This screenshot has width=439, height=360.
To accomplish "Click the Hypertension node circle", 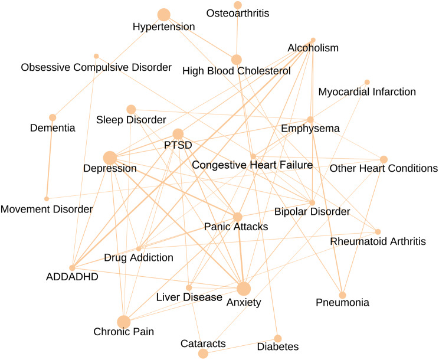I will click(x=163, y=15).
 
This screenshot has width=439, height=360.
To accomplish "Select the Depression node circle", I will click(x=109, y=158).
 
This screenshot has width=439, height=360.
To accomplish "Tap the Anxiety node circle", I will click(x=244, y=289).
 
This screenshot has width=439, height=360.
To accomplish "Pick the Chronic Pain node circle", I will click(x=123, y=322).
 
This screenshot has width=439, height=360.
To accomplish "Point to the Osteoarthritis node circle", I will click(x=238, y=5).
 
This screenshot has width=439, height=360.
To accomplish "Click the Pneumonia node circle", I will click(x=342, y=294).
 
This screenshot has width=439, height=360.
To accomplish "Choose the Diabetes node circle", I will click(x=278, y=338).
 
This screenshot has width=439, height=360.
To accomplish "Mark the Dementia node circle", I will click(x=53, y=117).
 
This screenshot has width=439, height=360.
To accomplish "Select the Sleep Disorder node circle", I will click(x=131, y=109).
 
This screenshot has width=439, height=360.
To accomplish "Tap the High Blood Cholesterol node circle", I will click(x=237, y=60).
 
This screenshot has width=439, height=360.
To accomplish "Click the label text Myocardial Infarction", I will click(x=367, y=92).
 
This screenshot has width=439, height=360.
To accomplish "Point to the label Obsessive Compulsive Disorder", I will click(x=96, y=67).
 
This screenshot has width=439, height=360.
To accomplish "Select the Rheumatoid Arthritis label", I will click(x=378, y=241).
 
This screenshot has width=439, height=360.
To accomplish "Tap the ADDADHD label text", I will click(x=72, y=276).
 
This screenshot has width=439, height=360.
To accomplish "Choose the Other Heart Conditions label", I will click(x=384, y=169).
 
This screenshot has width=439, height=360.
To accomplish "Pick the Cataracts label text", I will click(x=203, y=343).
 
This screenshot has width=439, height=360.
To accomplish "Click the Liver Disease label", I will click(x=189, y=297).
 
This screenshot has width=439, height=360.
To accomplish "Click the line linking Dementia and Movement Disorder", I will click(x=50, y=158).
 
